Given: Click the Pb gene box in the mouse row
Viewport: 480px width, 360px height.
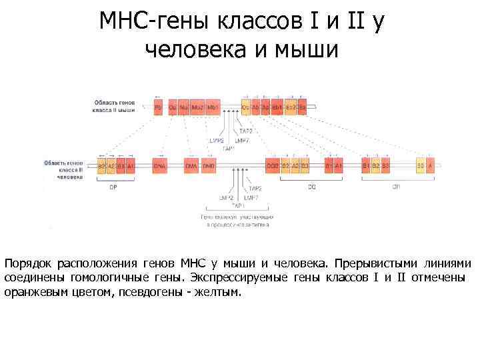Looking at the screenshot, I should coord(158,107).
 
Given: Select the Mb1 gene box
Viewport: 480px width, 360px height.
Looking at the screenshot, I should coord(213,107).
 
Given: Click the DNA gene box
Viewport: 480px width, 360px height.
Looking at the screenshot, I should coord(160,165).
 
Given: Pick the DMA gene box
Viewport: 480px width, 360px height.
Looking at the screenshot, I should coord(191,165).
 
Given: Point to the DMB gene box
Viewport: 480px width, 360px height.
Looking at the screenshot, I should coord(209,165).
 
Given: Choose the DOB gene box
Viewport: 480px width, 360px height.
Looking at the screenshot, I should coord(272,165).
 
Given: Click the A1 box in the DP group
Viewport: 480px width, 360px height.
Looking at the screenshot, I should coord(131,165).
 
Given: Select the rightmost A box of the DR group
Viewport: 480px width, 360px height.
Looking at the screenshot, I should coord(431,165).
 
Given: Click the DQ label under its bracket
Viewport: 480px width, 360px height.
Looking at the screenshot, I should coord(311,187).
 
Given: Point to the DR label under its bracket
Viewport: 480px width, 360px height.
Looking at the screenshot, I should coord(396,187).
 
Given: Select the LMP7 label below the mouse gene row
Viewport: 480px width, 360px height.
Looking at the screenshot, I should coord(243,141).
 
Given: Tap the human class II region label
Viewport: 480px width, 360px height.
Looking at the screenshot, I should coord(63,169).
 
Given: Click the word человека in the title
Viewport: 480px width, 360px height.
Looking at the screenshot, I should coord(194,48).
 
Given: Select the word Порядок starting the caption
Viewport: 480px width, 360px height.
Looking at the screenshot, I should coord(27,263).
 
